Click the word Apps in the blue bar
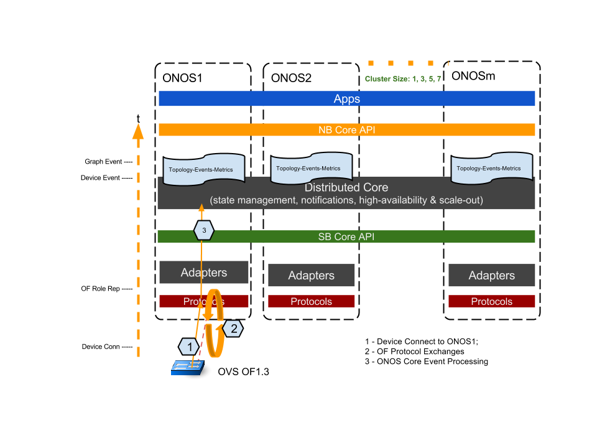346,99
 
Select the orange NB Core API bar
346,130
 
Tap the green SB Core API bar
346,237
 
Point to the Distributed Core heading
346,187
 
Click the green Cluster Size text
403,79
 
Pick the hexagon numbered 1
189,347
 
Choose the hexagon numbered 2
233,329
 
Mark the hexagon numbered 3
204,230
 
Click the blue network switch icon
188,368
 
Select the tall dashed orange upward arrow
138,243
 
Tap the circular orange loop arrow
215,324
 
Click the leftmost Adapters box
204,273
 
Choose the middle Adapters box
312,276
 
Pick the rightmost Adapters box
492,276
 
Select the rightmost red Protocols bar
492,302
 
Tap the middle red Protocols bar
312,302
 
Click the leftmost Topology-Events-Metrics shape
203,169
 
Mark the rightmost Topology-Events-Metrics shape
491,169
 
